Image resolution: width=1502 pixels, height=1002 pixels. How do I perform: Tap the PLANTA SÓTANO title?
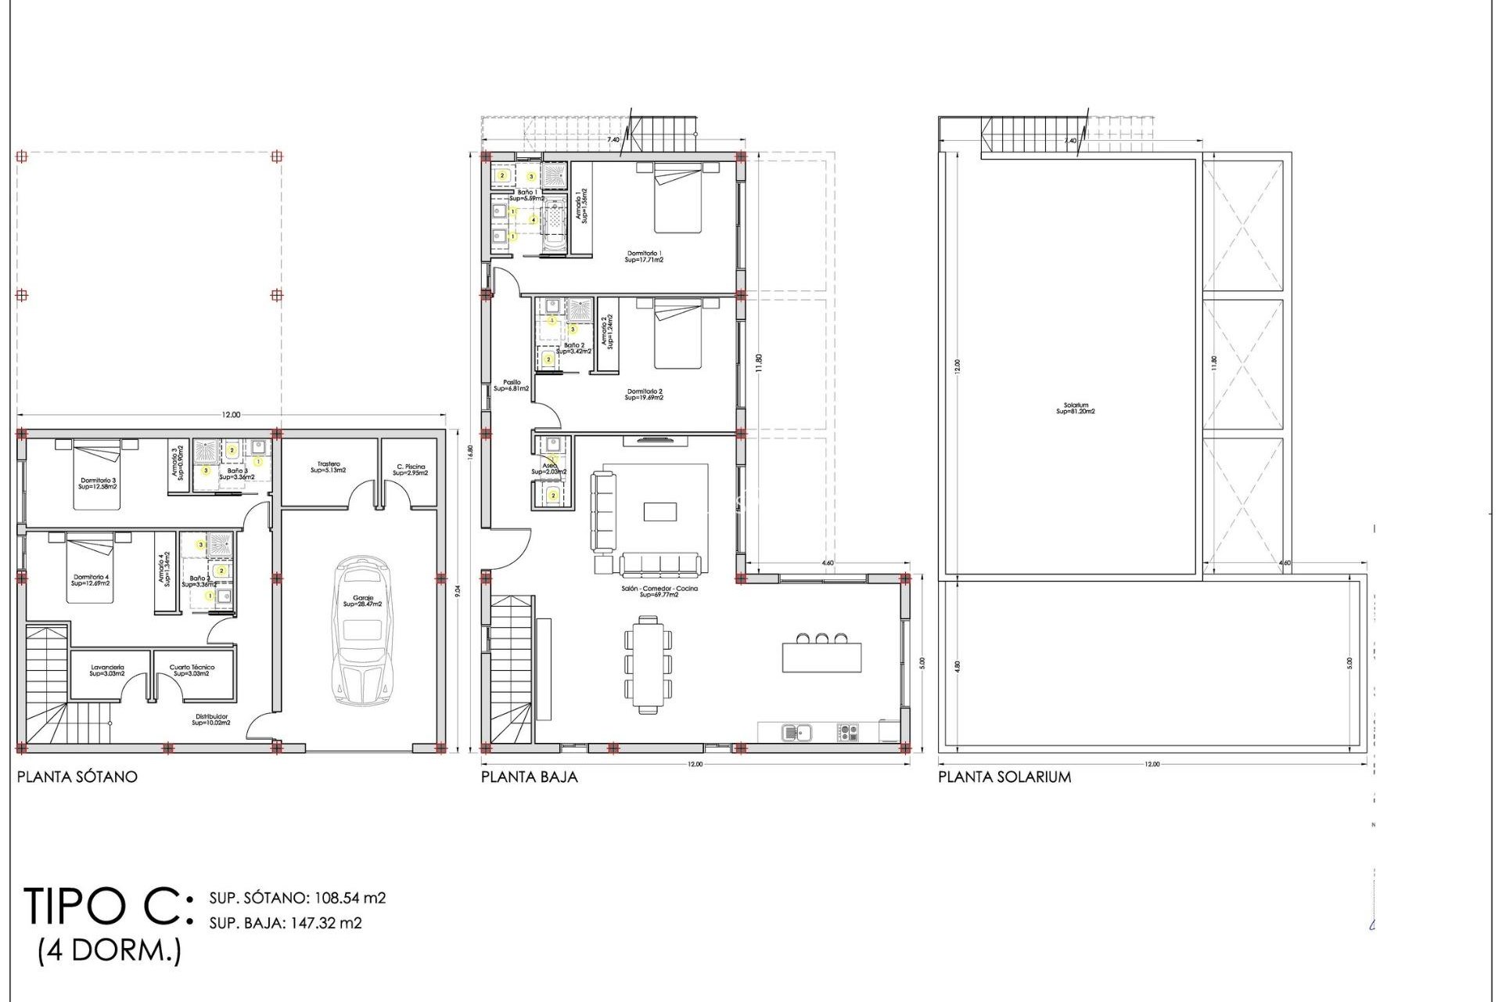click(x=77, y=777)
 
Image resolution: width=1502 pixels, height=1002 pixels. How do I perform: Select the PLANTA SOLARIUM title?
click(x=1004, y=777)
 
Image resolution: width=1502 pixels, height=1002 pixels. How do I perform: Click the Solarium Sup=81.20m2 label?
click(x=1076, y=409)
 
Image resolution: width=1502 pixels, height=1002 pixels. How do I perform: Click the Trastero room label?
click(x=329, y=467)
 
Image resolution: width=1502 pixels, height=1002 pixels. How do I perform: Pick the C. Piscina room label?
click(x=411, y=470)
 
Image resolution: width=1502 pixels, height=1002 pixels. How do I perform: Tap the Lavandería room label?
click(x=107, y=670)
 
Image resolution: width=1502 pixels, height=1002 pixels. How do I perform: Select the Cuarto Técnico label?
click(x=192, y=670)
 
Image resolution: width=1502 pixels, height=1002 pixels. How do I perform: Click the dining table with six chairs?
click(x=648, y=665)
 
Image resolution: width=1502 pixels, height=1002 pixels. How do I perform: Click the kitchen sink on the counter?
click(x=796, y=733)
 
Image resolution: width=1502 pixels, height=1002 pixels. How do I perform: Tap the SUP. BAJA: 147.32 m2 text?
click(x=286, y=923)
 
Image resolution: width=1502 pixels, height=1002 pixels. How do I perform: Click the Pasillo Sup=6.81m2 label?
click(x=512, y=385)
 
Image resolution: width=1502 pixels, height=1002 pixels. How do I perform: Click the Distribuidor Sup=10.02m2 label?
click(x=211, y=719)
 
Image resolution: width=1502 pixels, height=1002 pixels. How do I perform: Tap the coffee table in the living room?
click(x=660, y=511)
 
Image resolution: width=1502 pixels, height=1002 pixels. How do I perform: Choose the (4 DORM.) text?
click(x=110, y=950)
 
